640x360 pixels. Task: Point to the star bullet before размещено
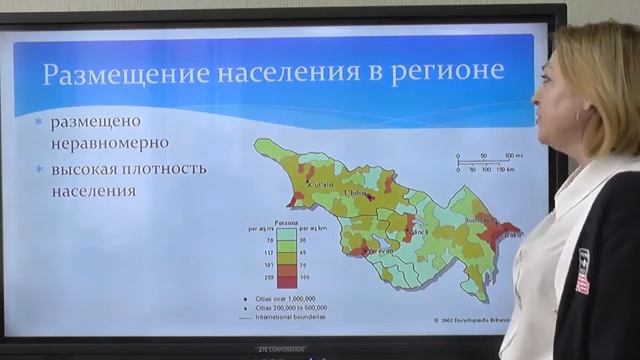pyautogui.click(x=39, y=123)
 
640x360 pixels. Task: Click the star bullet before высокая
pyautogui.click(x=39, y=168)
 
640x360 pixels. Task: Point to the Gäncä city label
pyautogui.click(x=417, y=232)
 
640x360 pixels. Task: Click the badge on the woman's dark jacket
pyautogui.click(x=583, y=271)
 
